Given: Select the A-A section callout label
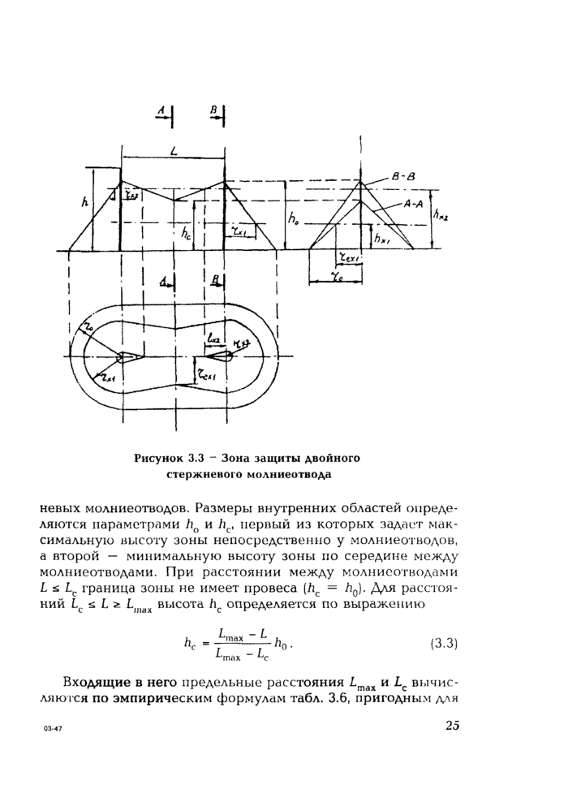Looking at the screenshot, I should pyautogui.click(x=414, y=205).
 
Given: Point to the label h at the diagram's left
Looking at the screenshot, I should pyautogui.click(x=84, y=206).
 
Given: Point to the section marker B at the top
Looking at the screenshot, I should pyautogui.click(x=213, y=109).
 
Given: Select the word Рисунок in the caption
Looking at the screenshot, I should pyautogui.click(x=161, y=459).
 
